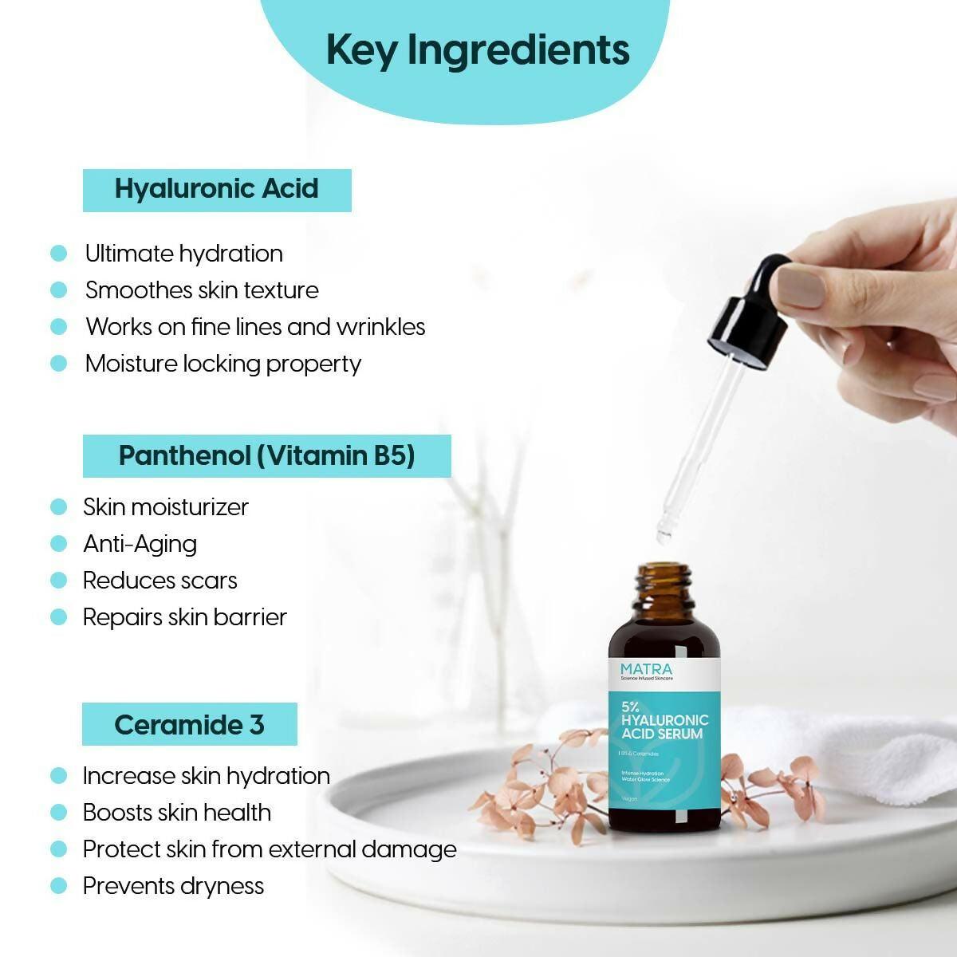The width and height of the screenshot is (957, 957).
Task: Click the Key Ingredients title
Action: click(x=478, y=49)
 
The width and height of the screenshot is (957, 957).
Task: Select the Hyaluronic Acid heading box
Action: click(x=217, y=190)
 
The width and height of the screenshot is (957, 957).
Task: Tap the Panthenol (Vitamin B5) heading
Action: click(x=266, y=456)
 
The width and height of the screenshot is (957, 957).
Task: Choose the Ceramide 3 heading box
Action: click(x=190, y=724)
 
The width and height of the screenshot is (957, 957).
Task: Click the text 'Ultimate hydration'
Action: click(x=184, y=254)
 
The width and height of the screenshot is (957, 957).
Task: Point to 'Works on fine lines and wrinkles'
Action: click(x=255, y=327)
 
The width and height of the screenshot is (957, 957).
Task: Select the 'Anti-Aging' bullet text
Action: click(x=140, y=544)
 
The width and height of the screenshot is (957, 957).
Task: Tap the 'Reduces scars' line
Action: click(x=160, y=581)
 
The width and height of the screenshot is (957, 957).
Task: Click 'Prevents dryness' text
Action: click(x=173, y=886)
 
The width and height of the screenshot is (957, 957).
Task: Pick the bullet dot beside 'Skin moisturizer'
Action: click(x=58, y=507)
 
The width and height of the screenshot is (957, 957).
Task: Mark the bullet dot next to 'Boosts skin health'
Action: click(x=58, y=813)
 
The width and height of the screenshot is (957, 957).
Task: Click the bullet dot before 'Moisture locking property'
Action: click(x=58, y=364)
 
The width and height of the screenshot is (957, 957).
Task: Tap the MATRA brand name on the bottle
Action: click(x=646, y=669)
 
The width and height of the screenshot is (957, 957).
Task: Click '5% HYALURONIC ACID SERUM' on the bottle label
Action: click(x=664, y=720)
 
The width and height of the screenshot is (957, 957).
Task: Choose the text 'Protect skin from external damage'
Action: click(x=270, y=849)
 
